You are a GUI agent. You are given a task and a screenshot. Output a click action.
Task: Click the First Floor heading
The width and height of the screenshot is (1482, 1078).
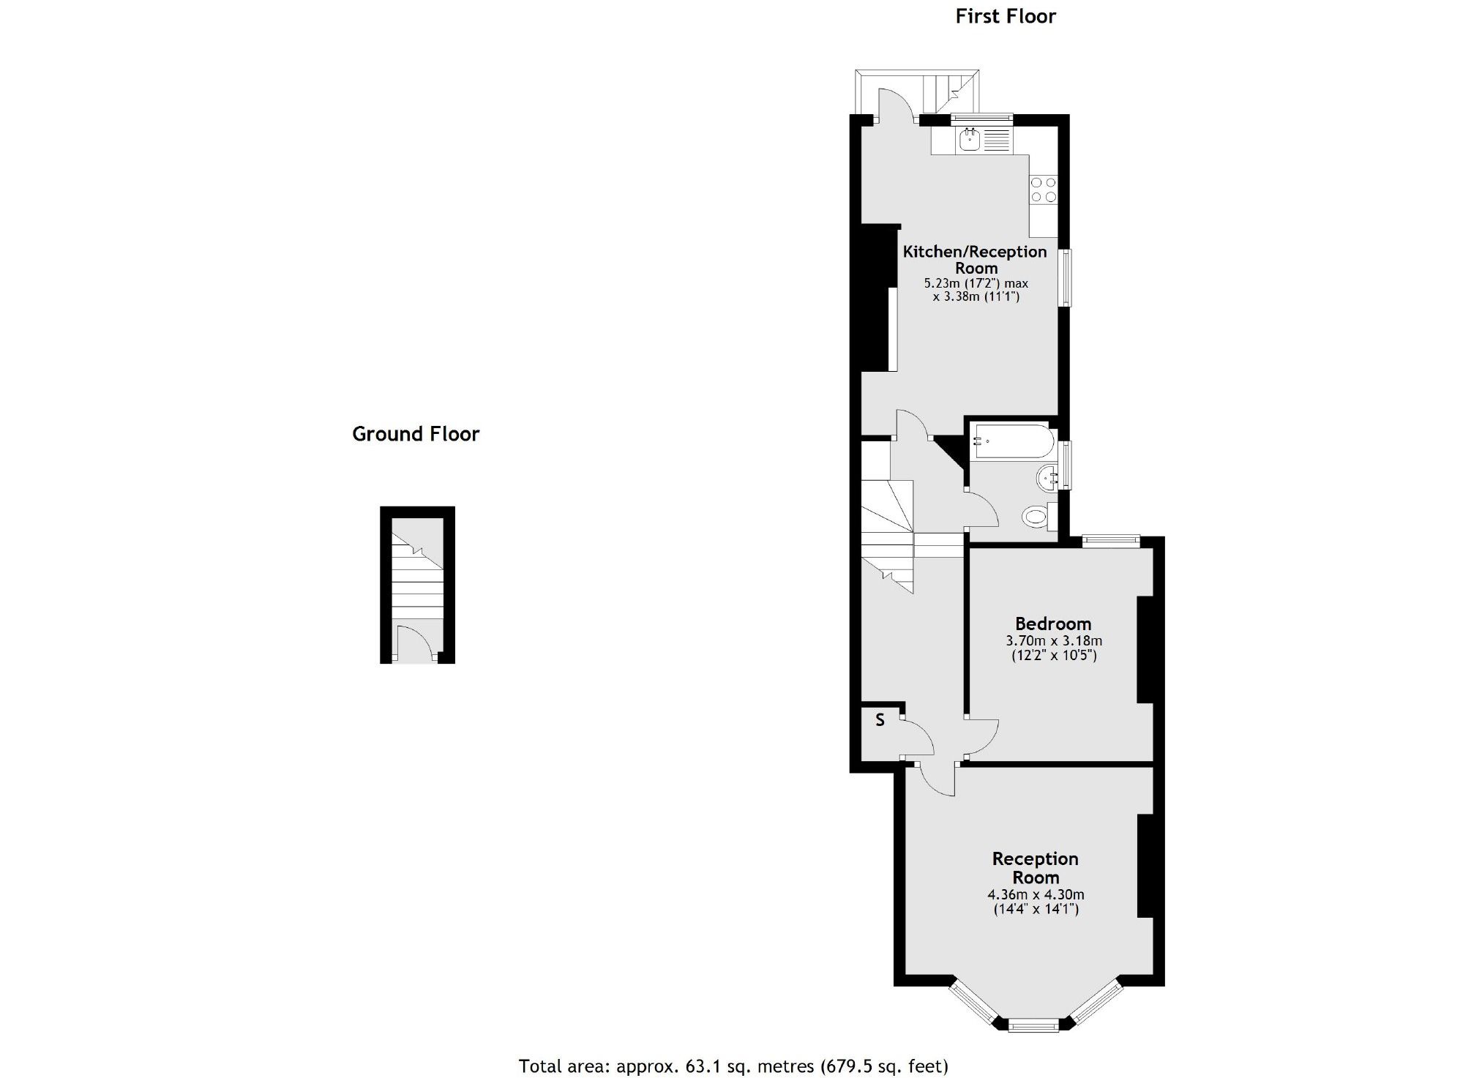coord(1006,16)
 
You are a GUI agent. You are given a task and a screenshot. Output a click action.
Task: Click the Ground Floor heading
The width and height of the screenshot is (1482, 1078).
coord(415,434)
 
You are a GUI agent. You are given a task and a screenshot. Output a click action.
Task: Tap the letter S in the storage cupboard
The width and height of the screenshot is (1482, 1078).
coord(880,720)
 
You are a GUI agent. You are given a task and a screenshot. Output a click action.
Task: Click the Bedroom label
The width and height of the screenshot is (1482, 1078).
coord(1052,624)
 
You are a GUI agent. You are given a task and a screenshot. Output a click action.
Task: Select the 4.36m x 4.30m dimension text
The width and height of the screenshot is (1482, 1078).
coord(1036,894)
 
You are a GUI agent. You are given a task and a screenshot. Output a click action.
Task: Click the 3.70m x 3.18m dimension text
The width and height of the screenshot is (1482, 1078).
coord(1054,641)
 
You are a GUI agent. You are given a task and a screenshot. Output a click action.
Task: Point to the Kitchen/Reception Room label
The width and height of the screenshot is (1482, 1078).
coord(975,260)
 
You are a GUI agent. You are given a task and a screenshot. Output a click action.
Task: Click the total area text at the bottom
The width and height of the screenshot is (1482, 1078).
coord(733,1066)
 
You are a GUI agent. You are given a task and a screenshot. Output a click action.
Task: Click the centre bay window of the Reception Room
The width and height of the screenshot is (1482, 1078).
coord(1033,1025)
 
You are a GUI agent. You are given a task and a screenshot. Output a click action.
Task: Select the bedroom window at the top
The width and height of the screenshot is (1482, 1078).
coord(1111,541)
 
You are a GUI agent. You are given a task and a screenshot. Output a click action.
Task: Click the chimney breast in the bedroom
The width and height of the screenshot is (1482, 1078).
coord(1144,650)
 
